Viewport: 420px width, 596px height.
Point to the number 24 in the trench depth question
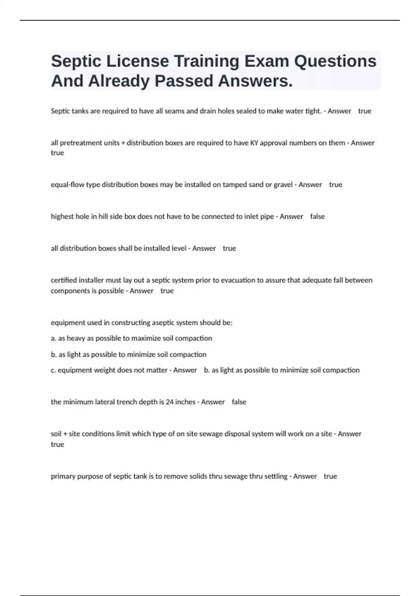click(x=169, y=402)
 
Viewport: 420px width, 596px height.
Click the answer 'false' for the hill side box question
click(x=317, y=216)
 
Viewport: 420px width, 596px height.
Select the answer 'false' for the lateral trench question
click(x=239, y=402)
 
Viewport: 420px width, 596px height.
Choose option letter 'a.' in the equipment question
click(x=54, y=338)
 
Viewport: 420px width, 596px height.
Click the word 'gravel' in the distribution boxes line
click(x=283, y=184)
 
